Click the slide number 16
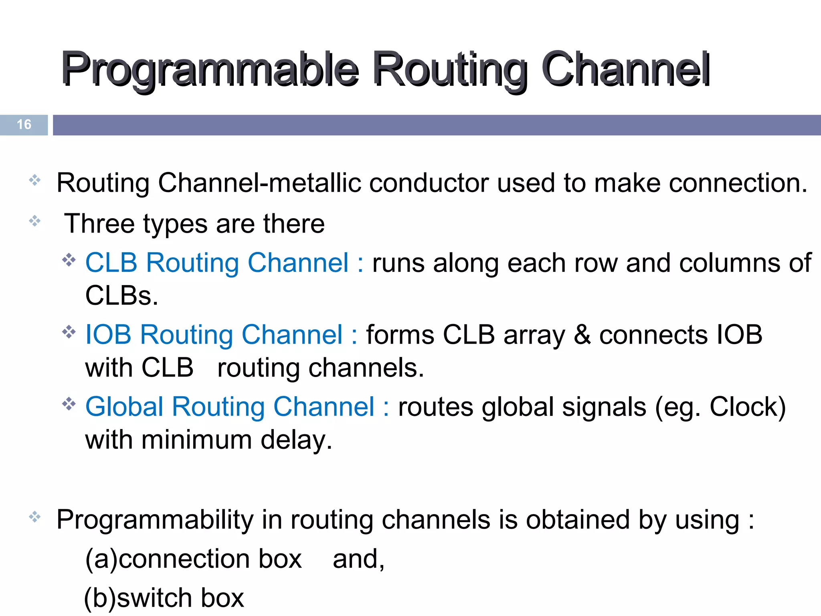[x=24, y=124]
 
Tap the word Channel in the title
[x=625, y=69]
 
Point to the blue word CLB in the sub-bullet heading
[x=111, y=263]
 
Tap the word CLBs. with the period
[x=121, y=296]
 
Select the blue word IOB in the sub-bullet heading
[x=108, y=335]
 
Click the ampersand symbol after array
[x=582, y=335]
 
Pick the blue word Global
[x=124, y=407]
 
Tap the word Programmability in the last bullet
[x=155, y=520]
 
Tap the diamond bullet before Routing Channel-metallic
[x=35, y=180]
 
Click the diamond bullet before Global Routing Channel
[x=69, y=404]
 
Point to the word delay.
[x=296, y=440]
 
